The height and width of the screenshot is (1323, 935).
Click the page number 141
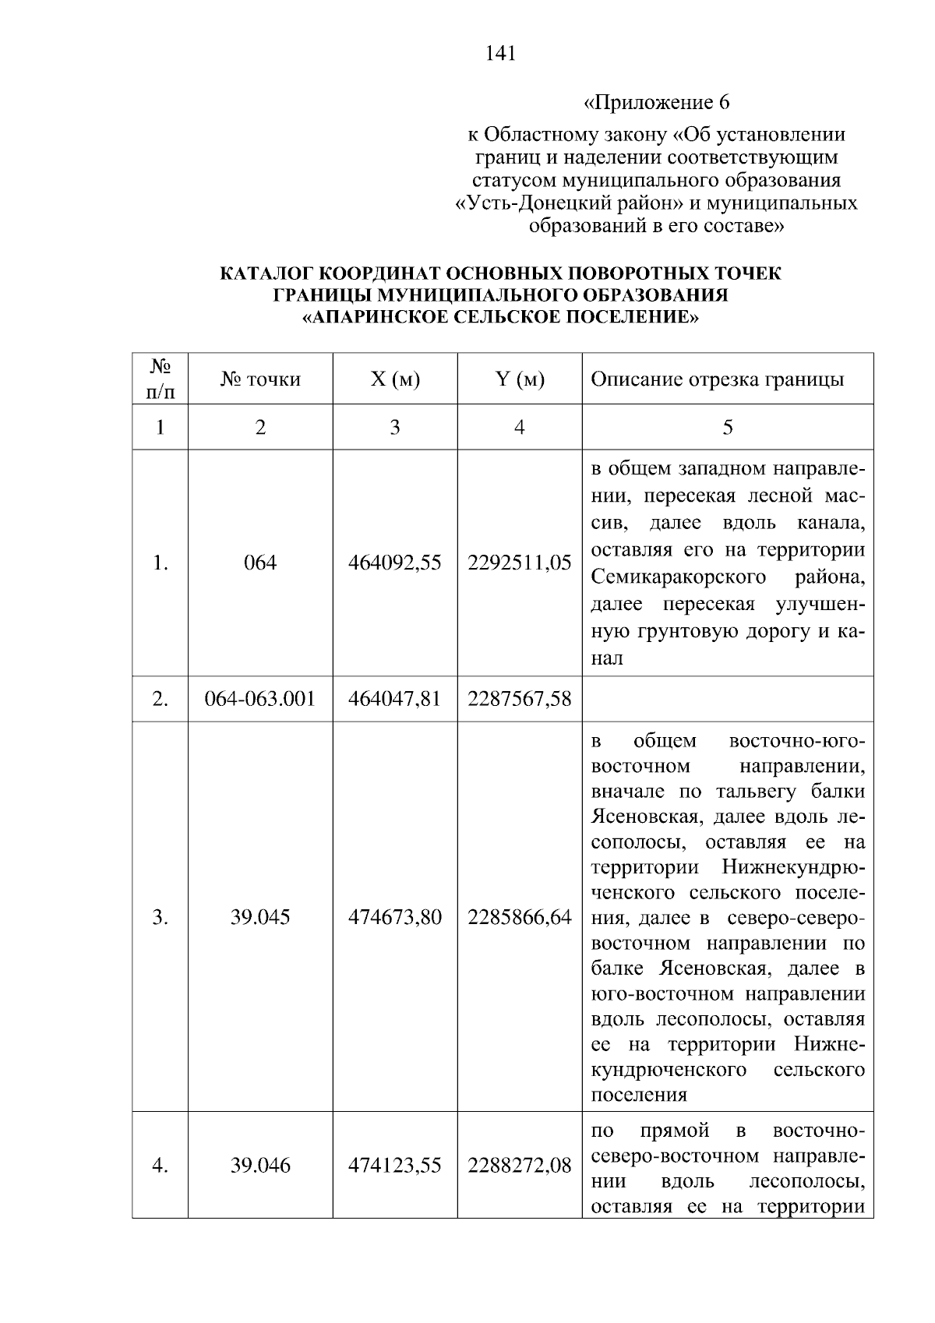(x=500, y=54)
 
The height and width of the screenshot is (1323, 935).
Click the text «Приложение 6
(x=656, y=103)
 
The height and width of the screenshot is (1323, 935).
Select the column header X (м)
(x=395, y=379)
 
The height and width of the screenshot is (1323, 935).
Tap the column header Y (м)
(x=520, y=379)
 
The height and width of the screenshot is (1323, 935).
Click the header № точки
(x=260, y=379)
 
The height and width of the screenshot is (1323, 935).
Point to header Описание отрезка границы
(x=718, y=379)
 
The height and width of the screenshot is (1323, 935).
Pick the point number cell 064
(x=260, y=563)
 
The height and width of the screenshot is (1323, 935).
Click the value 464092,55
(x=395, y=563)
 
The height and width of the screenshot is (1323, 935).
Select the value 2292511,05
(x=520, y=563)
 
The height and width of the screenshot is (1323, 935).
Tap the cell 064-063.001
(x=260, y=699)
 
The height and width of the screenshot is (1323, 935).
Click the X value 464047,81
(x=395, y=699)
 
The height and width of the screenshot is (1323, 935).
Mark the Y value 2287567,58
(x=520, y=699)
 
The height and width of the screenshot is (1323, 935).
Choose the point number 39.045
(x=260, y=917)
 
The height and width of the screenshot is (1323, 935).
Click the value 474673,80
(x=395, y=917)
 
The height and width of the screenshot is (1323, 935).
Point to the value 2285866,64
(x=520, y=917)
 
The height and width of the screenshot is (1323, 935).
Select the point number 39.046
(x=260, y=1166)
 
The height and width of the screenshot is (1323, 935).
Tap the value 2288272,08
(x=520, y=1166)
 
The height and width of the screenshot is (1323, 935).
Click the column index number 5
(x=728, y=427)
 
